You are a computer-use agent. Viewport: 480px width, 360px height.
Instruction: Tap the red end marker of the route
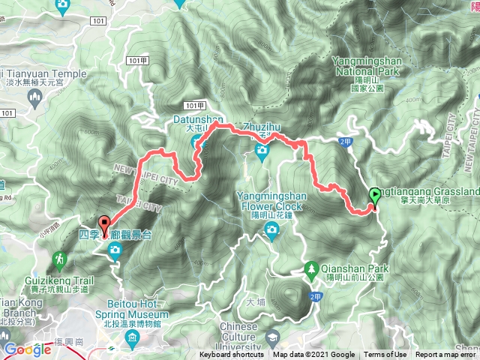[103, 224]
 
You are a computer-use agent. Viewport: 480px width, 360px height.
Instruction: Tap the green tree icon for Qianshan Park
[311, 267]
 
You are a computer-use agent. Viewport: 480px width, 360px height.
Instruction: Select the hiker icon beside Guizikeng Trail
[59, 259]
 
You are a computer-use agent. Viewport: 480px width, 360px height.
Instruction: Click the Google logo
[27, 349]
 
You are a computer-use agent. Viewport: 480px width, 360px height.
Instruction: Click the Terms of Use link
[385, 355]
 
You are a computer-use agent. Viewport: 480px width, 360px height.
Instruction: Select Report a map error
[446, 355]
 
